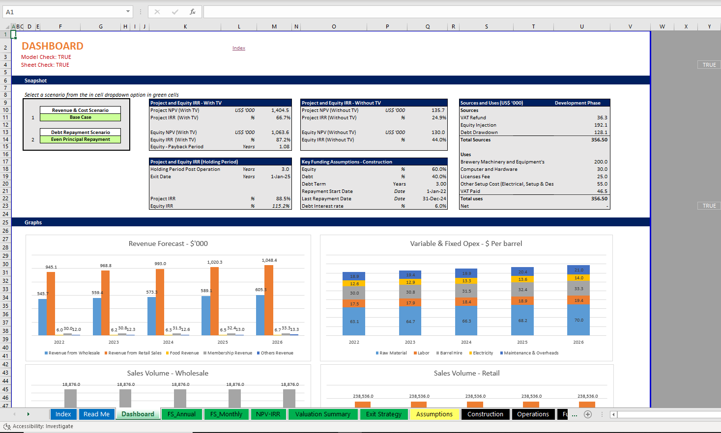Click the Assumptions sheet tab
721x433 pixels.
(434, 414)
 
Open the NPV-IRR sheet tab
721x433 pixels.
(268, 414)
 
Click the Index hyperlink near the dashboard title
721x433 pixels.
(239, 48)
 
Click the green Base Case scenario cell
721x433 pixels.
(80, 117)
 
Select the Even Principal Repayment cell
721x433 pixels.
(80, 139)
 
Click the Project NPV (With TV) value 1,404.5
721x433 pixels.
(280, 110)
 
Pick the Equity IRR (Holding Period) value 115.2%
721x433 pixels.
(281, 206)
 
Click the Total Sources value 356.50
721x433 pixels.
(599, 140)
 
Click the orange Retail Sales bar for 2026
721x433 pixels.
(269, 300)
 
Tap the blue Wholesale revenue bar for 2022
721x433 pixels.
(43, 317)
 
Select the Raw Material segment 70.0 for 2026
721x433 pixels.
(578, 320)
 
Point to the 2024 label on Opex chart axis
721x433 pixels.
(466, 342)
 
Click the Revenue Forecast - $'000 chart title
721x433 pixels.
(168, 244)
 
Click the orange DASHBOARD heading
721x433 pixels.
(53, 46)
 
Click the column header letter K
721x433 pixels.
(185, 27)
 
